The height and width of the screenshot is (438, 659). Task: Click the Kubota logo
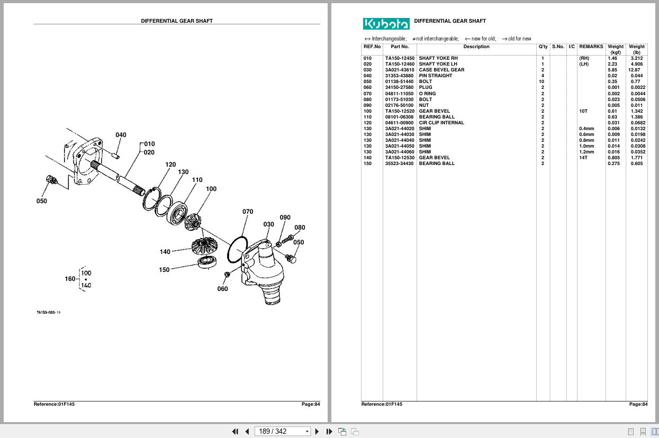click(x=386, y=24)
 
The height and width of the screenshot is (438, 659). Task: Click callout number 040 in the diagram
click(x=121, y=135)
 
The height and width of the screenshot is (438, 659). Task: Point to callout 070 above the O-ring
click(x=248, y=212)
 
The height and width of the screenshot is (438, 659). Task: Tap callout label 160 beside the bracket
click(x=70, y=279)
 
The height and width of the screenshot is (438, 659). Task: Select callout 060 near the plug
click(x=222, y=289)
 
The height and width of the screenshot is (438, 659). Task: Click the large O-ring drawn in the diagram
click(x=237, y=249)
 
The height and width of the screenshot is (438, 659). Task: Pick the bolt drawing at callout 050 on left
click(x=52, y=180)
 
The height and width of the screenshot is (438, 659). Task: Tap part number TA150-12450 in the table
click(x=400, y=58)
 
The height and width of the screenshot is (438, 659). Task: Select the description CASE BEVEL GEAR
click(x=441, y=70)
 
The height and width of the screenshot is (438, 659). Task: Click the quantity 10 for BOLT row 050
click(x=541, y=81)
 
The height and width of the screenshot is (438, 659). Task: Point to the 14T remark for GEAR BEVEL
click(x=583, y=158)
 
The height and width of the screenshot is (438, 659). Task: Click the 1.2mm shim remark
click(x=586, y=152)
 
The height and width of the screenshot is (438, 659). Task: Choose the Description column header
click(x=476, y=47)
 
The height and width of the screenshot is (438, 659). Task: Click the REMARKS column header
click(x=591, y=47)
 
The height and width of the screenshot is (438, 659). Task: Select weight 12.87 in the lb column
click(x=634, y=70)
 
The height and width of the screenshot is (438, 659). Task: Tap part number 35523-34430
click(x=400, y=163)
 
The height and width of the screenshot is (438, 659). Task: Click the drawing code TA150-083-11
click(x=49, y=313)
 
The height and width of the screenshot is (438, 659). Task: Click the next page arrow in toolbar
click(x=317, y=432)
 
